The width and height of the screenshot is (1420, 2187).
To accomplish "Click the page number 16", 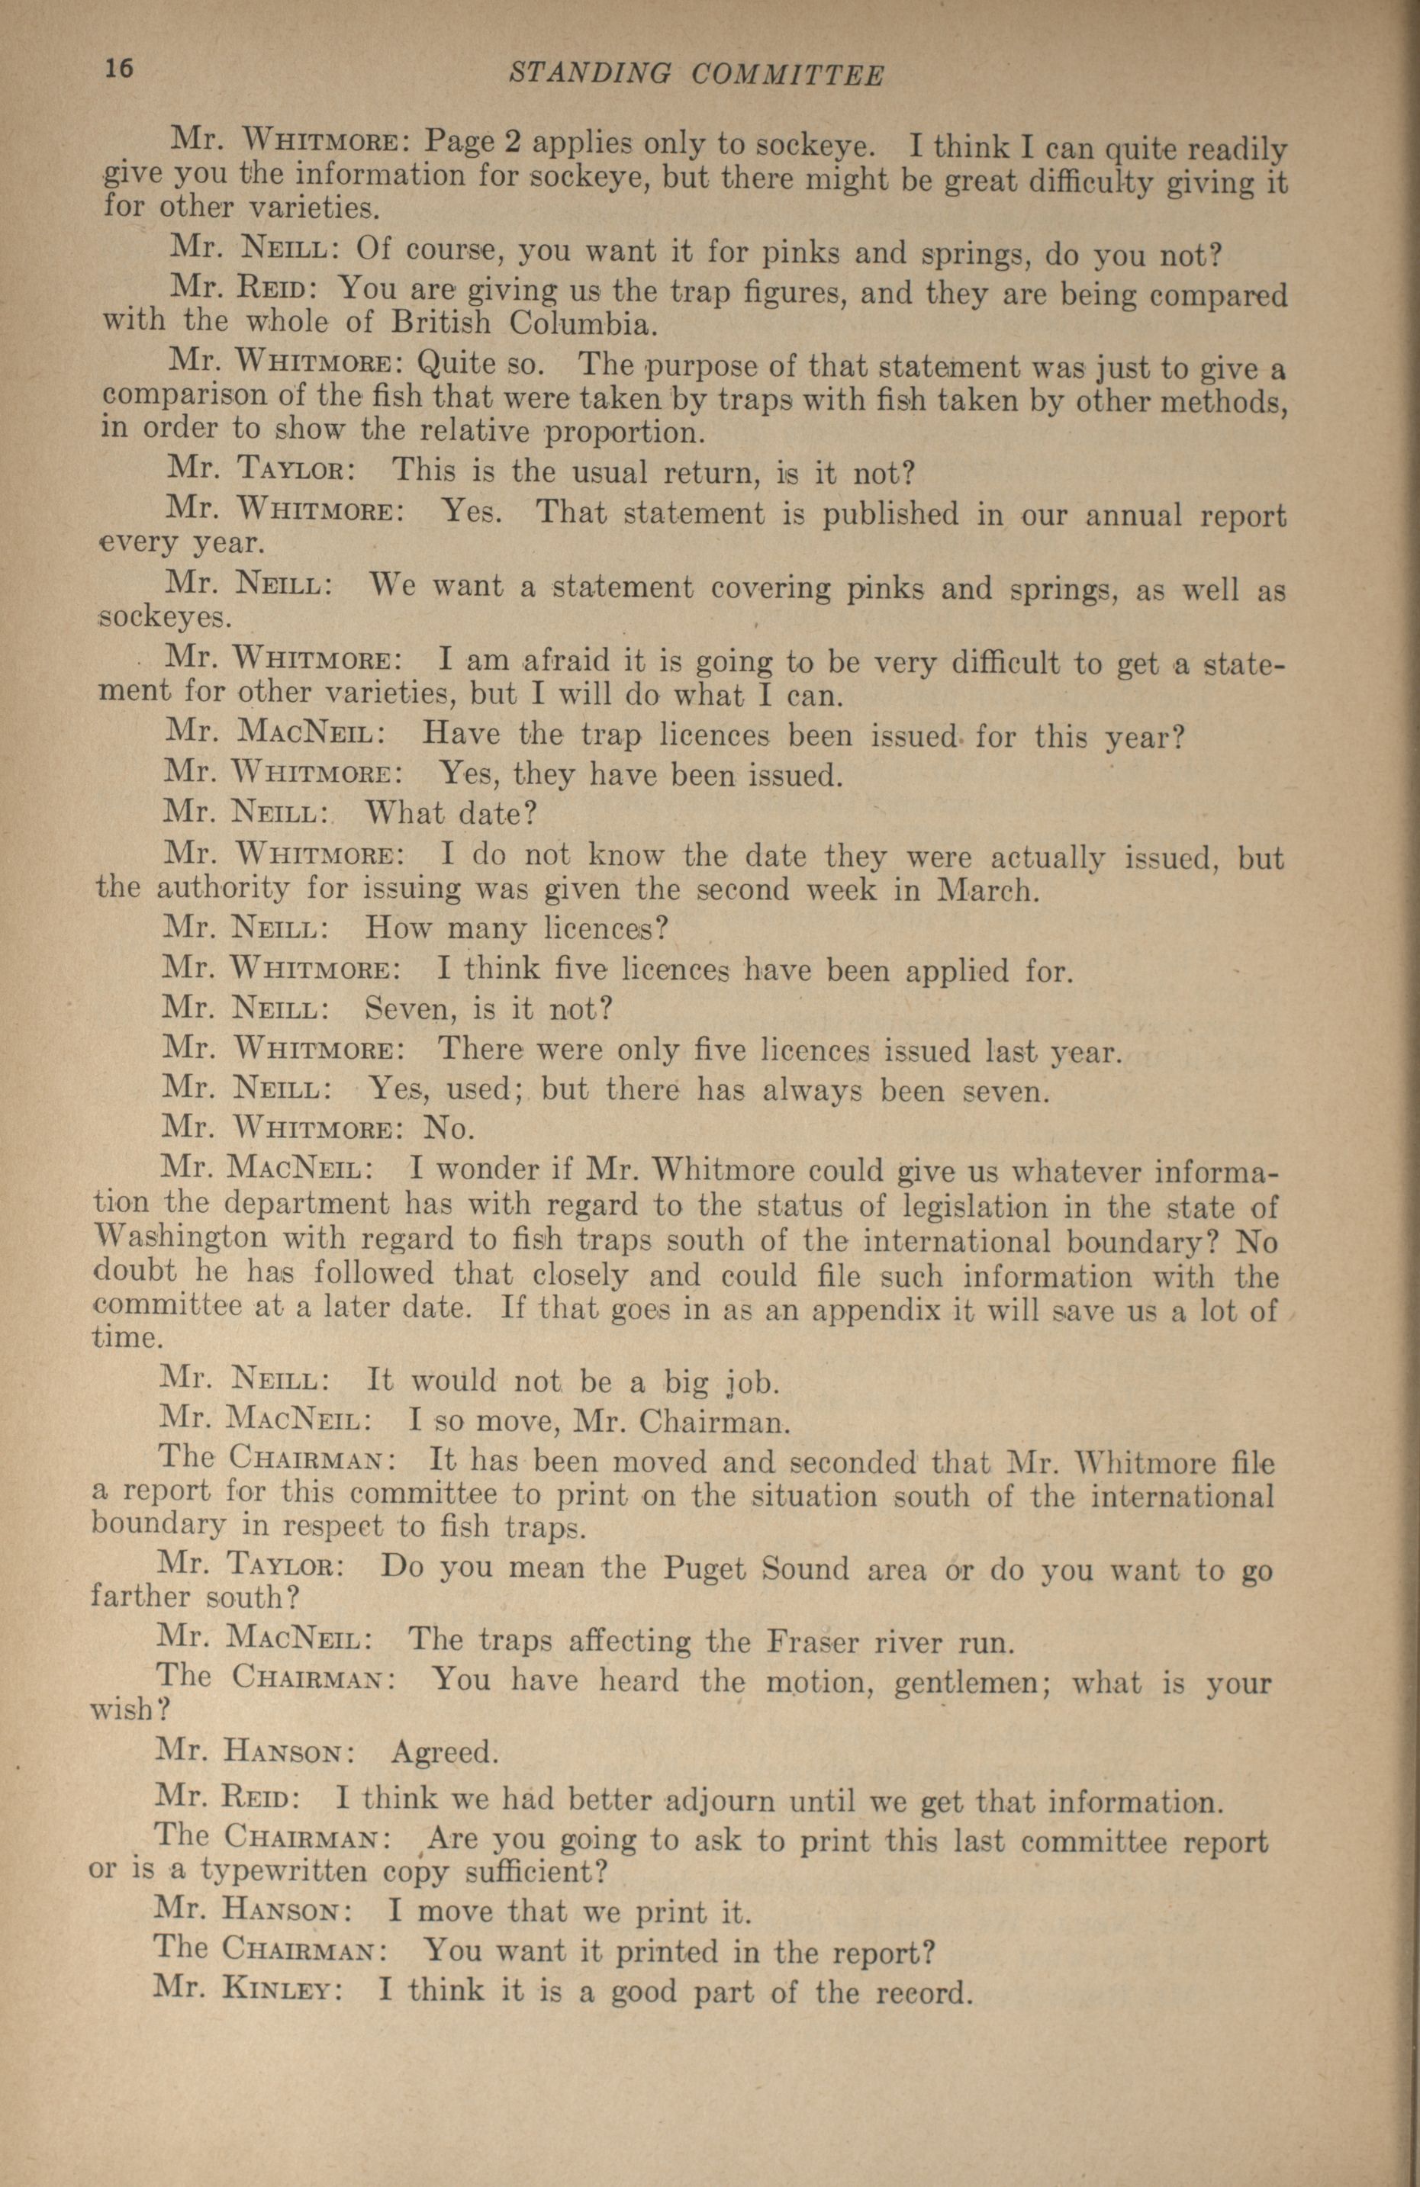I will pyautogui.click(x=121, y=70).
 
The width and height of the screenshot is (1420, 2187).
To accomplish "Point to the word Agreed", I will pyautogui.click(x=445, y=1753).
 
